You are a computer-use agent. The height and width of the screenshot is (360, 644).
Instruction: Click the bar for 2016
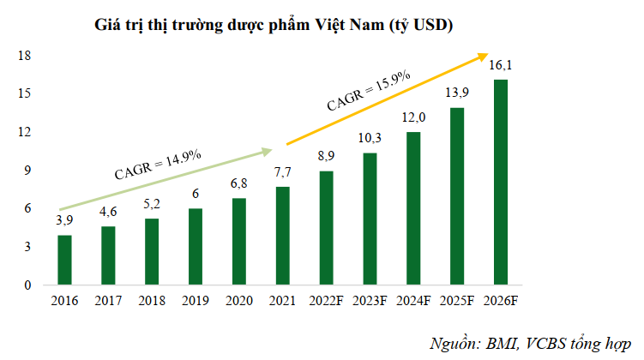pos(64,260)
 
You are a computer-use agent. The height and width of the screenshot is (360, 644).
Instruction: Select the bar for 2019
pos(196,246)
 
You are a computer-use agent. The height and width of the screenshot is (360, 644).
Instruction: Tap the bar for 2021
pos(283,236)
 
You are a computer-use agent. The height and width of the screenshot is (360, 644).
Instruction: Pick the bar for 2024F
pos(413,208)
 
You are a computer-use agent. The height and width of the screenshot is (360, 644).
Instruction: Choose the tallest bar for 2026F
pos(501,182)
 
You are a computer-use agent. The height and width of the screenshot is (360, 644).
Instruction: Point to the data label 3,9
pos(64,221)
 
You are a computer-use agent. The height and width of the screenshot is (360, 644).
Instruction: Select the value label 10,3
pos(370,138)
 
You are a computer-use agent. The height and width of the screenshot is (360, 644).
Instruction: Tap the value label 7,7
pos(283,172)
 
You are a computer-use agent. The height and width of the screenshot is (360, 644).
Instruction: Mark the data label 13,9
pos(457,93)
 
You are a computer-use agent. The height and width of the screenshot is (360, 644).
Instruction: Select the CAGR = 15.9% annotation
pos(369,91)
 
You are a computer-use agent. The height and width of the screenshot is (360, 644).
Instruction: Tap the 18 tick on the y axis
pos(25,56)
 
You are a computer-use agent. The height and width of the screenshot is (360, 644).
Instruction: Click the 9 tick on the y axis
pos(28,171)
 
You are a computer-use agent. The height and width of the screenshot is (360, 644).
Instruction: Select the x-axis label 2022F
pos(326,300)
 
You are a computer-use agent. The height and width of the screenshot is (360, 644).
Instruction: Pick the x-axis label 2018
pos(152,300)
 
